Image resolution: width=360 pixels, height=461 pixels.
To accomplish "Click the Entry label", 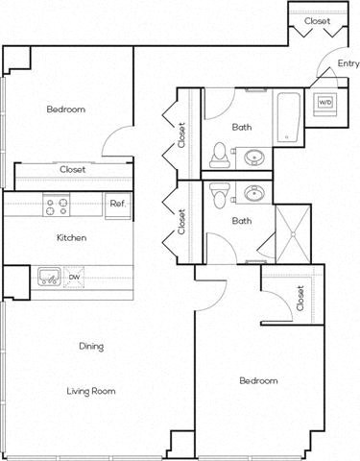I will (x=348, y=64).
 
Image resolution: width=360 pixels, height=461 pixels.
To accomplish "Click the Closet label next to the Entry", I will (x=318, y=20).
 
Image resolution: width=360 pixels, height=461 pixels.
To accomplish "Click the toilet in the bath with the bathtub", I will (x=219, y=152).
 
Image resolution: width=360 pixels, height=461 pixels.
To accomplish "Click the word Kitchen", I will (x=72, y=237).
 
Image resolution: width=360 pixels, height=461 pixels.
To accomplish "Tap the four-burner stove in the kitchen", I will (x=57, y=204).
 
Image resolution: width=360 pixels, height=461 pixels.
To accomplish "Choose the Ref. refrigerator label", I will (x=117, y=204).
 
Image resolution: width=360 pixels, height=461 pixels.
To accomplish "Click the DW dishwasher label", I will (x=75, y=278).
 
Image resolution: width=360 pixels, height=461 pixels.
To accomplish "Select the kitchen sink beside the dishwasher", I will (x=47, y=278).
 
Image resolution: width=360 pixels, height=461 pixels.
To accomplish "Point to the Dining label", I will (x=91, y=346).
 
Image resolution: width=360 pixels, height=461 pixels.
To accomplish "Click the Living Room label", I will (x=91, y=391).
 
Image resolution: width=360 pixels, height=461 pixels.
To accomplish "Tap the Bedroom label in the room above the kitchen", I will (x=66, y=109).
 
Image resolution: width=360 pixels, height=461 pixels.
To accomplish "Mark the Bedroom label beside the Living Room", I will (x=258, y=381).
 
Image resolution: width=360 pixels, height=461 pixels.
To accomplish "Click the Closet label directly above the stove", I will (x=72, y=169).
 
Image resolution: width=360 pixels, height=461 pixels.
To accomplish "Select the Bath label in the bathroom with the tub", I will (x=243, y=127).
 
